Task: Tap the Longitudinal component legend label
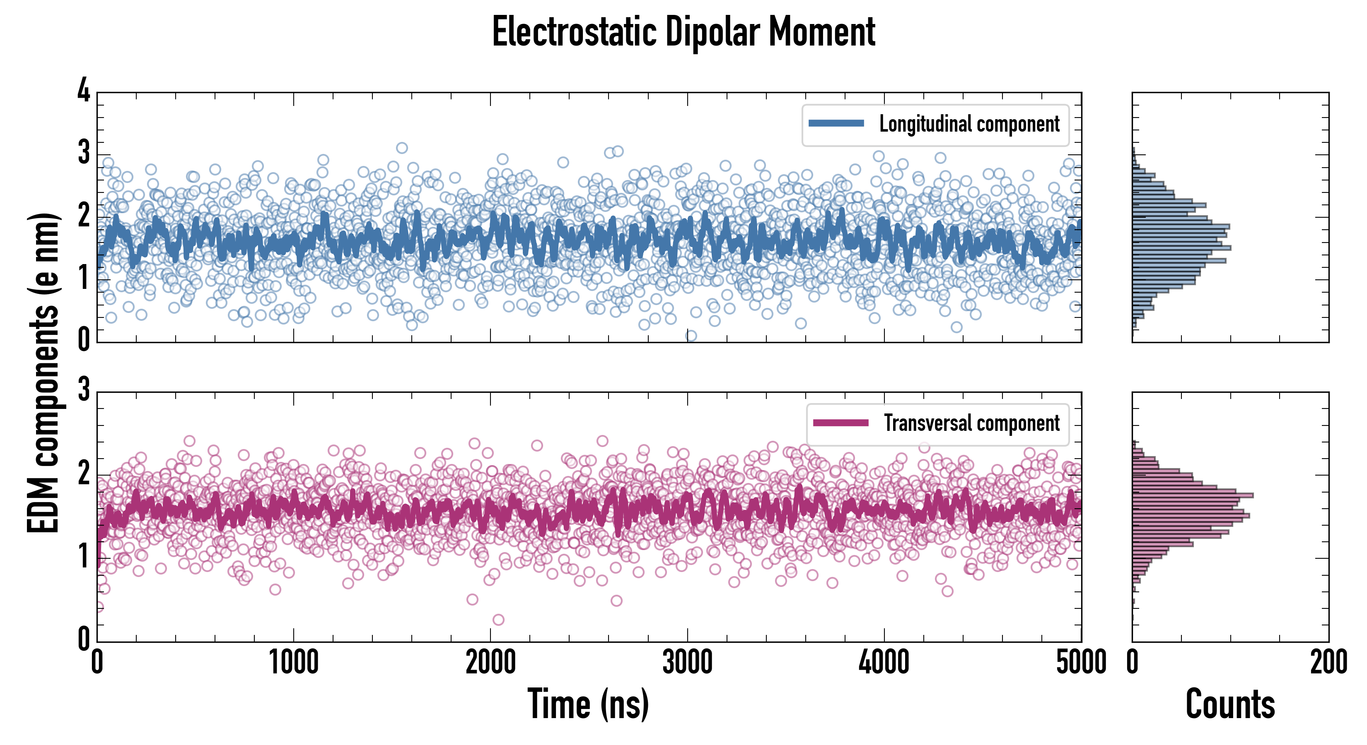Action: [x=969, y=124]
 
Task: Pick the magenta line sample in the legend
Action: [x=840, y=423]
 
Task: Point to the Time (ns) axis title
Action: [x=588, y=704]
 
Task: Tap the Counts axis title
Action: [x=1229, y=704]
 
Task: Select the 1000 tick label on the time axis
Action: [x=293, y=663]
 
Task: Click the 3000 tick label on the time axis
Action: [x=687, y=663]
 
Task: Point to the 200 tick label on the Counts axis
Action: [x=1328, y=663]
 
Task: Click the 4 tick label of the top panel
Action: [x=84, y=91]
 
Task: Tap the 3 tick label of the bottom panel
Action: [x=84, y=390]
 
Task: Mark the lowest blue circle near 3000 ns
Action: [x=691, y=336]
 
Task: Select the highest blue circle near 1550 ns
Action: [x=402, y=148]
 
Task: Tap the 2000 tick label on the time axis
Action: [x=490, y=663]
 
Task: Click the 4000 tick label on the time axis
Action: [x=884, y=663]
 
